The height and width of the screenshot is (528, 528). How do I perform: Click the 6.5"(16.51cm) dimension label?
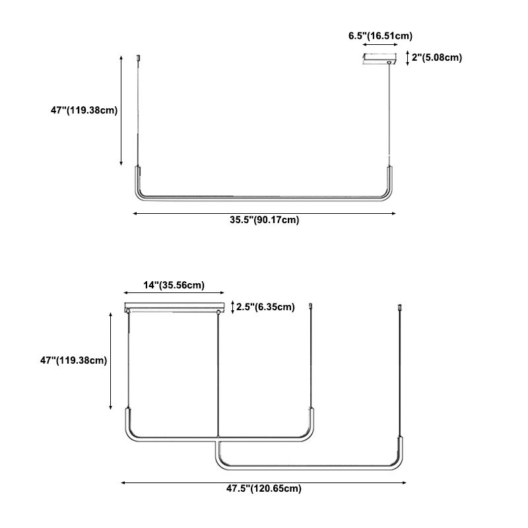click(381, 36)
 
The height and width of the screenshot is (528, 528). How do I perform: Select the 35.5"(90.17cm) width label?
click(264, 220)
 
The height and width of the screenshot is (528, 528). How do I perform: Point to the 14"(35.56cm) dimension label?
click(174, 285)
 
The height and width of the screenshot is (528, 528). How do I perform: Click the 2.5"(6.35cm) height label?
click(266, 306)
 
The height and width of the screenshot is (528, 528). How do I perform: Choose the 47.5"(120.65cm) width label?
click(264, 489)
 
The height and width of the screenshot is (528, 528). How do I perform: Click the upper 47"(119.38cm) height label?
click(84, 110)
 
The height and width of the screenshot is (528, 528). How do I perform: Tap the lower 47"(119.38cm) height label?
click(74, 360)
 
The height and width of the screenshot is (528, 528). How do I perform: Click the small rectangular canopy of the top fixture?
click(380, 58)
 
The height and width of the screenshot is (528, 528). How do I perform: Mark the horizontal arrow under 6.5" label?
click(381, 46)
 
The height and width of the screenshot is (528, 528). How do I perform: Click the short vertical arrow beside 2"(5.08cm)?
click(408, 58)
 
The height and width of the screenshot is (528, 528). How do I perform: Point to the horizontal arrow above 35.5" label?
click(264, 213)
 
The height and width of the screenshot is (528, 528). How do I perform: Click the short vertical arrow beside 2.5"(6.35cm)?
click(233, 306)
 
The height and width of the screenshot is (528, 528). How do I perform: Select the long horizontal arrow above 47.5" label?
click(264, 482)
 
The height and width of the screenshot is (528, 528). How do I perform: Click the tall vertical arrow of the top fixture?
click(121, 110)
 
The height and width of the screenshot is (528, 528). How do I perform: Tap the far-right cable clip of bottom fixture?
click(400, 308)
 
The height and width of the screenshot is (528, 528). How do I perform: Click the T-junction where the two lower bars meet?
click(217, 442)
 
